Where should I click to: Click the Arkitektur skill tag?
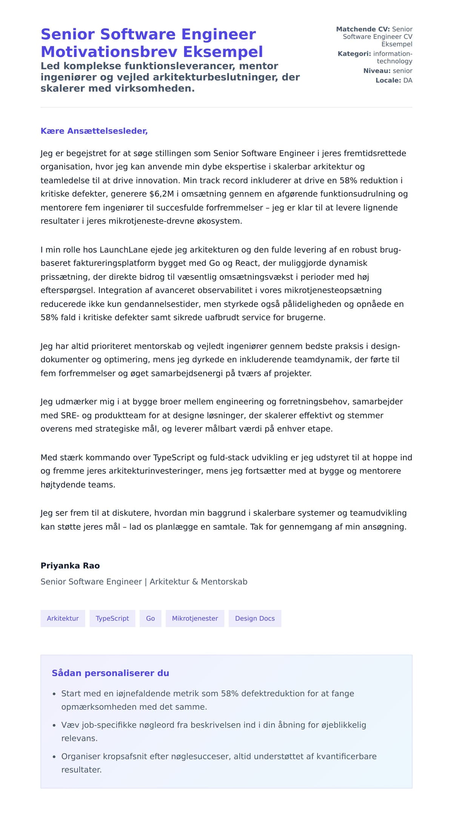[63, 618]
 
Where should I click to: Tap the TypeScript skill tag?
[112, 618]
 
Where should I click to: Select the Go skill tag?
[150, 618]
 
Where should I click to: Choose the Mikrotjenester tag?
[195, 618]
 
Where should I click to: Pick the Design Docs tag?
[255, 618]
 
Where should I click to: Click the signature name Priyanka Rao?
[70, 565]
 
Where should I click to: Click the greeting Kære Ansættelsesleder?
[94, 131]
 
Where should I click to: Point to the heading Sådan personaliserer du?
[110, 673]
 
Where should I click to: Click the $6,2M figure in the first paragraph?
[162, 194]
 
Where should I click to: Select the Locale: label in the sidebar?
[388, 80]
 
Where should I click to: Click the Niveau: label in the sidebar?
[377, 71]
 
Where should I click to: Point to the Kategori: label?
[354, 54]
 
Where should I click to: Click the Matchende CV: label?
[363, 29]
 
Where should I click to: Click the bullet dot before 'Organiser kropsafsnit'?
[54, 757]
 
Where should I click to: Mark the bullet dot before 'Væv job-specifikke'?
[54, 725]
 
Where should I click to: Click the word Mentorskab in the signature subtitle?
[224, 582]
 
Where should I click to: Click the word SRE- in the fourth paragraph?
[70, 415]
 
